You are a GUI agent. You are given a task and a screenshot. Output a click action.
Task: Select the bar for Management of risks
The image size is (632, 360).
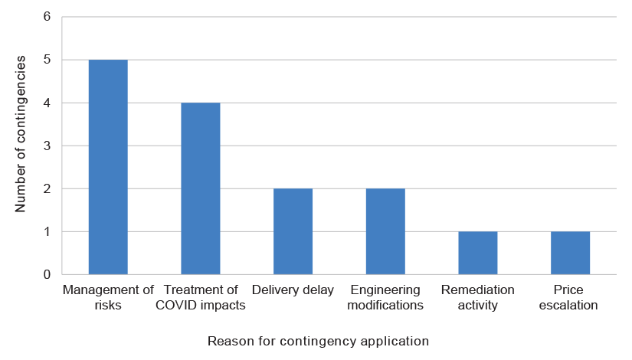click(108, 167)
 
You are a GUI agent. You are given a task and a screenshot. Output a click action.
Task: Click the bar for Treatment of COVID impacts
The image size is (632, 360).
click(201, 188)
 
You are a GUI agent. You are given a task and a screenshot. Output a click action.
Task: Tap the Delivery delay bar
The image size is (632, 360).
click(293, 231)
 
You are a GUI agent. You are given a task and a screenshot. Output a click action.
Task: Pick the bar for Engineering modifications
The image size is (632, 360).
click(385, 231)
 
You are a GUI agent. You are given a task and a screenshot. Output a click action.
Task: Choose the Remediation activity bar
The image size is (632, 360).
click(478, 253)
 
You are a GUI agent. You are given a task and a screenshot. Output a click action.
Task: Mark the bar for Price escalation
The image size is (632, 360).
click(570, 253)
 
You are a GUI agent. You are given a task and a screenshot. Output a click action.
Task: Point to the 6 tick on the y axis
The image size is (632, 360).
click(47, 17)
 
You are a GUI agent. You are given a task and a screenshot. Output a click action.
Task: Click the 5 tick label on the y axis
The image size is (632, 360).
click(47, 60)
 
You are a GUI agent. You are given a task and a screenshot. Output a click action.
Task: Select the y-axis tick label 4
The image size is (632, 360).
click(47, 103)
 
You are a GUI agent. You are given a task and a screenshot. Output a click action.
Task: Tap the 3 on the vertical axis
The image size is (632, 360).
click(47, 146)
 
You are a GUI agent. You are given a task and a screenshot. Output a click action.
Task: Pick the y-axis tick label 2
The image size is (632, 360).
click(47, 188)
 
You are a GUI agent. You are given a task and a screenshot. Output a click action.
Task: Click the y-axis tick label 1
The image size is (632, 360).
click(47, 231)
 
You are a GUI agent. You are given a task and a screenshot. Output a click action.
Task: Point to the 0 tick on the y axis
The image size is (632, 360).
click(47, 274)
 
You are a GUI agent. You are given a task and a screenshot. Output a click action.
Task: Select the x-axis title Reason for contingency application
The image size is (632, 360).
click(318, 340)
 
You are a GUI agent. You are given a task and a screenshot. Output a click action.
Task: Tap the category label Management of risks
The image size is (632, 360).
click(108, 297)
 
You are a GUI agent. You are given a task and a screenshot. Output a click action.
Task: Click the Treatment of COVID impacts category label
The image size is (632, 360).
click(201, 297)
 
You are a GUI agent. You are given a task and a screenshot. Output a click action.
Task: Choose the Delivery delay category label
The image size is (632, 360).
click(293, 290)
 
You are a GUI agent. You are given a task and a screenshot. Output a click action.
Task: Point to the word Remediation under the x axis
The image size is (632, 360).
click(478, 290)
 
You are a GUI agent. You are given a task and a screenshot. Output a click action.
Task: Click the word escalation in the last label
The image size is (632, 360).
click(570, 305)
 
